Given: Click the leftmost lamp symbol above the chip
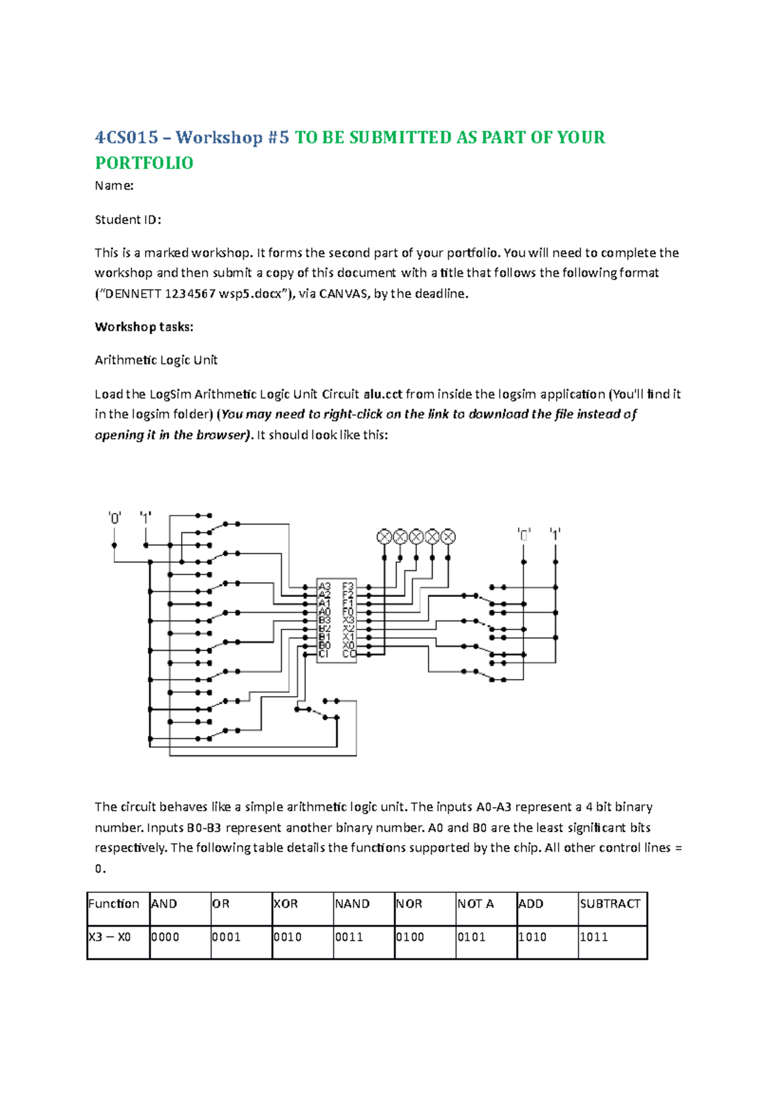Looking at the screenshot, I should point(384,537).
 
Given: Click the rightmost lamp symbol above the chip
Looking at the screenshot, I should point(448,537).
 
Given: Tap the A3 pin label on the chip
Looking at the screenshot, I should point(325,587).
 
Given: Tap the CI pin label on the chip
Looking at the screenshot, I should point(324,654).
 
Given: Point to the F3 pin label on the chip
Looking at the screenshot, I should point(348,587).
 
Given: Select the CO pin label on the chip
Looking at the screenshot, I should point(349,654).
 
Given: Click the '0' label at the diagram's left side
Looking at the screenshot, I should point(114,519).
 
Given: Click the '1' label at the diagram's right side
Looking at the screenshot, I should point(555,534).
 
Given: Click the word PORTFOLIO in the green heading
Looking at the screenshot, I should point(144,163).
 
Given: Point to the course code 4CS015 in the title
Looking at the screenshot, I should point(127,138).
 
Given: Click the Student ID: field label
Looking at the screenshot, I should point(127,219).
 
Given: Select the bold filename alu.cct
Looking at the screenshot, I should point(383,394).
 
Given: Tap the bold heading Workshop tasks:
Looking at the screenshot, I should point(144,327).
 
